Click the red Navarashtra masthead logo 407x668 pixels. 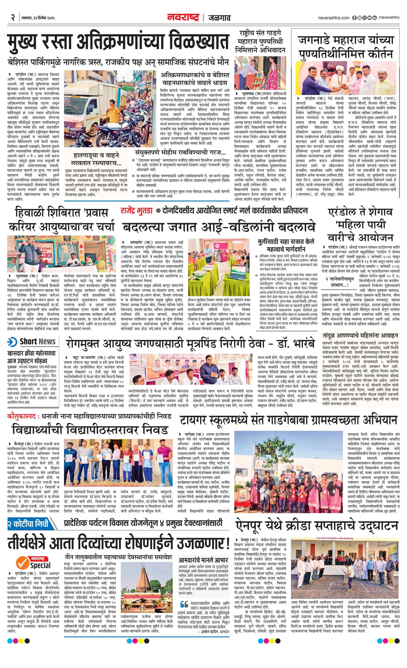point(183,18)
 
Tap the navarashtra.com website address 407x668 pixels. point(334,18)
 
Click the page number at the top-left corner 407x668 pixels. point(12,18)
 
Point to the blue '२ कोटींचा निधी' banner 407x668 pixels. point(28,523)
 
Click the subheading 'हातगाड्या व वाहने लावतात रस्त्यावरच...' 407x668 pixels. point(96,159)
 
